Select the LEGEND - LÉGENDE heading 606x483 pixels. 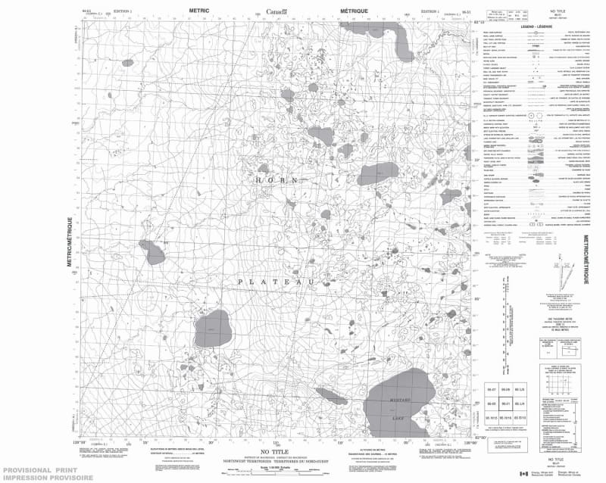pos(536,25)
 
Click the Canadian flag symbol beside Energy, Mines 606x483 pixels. pos(521,474)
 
